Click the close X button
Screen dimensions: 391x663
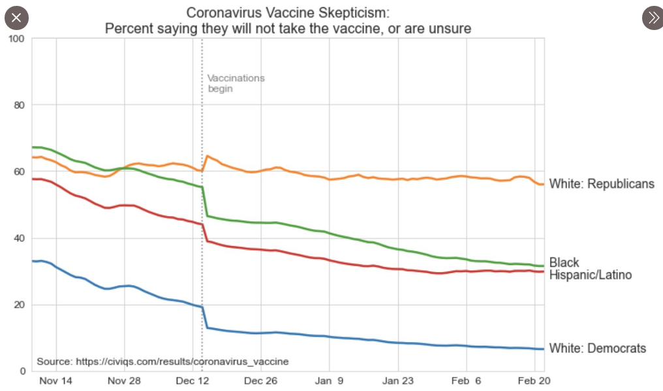click(16, 17)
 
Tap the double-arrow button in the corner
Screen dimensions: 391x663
click(653, 18)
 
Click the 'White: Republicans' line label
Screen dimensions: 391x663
click(601, 184)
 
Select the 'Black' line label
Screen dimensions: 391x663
click(564, 263)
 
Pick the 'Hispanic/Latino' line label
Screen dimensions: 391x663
click(590, 275)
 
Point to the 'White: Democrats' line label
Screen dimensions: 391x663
click(597, 349)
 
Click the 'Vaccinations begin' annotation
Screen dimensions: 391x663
click(236, 83)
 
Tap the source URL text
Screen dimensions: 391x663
click(162, 362)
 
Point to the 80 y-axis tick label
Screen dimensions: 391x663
click(18, 105)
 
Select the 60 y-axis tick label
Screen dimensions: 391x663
click(18, 172)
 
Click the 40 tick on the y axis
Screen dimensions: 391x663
click(18, 238)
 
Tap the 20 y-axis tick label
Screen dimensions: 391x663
click(18, 305)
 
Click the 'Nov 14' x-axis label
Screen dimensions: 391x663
click(56, 381)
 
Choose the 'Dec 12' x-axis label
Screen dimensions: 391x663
click(193, 381)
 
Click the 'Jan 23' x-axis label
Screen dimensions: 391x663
click(397, 381)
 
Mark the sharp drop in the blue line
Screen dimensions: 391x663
click(205, 317)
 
